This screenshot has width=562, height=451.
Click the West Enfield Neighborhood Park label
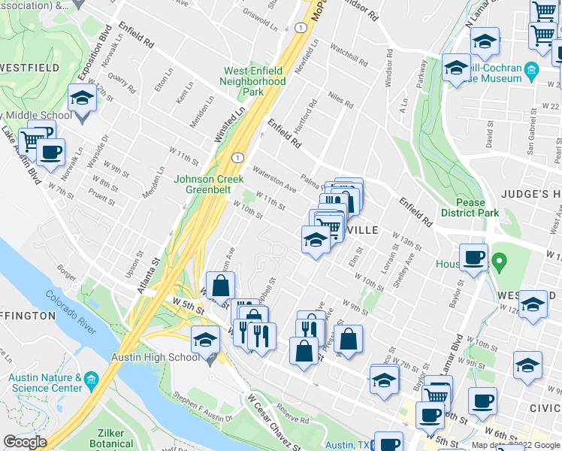253,81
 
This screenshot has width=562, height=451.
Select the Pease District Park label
477,207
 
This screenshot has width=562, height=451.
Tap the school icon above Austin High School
205,340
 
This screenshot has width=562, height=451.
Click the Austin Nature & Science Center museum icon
91,377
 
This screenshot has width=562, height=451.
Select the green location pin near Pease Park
497,262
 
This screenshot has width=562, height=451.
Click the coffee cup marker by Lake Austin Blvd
50,152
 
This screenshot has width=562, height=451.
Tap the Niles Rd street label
340,100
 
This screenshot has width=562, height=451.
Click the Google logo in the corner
24,442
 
